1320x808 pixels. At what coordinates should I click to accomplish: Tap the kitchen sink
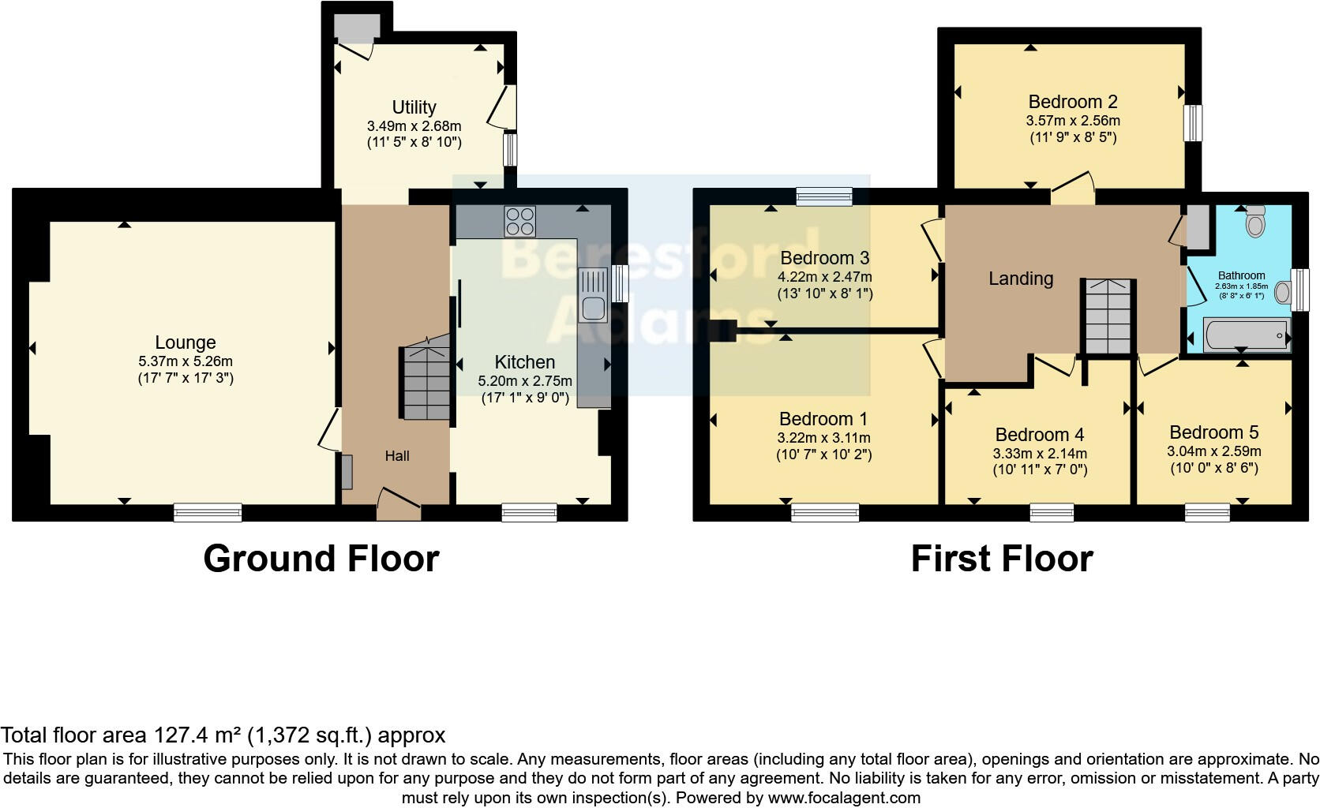click(592, 295)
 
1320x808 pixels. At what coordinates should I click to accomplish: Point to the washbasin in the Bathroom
click(1283, 294)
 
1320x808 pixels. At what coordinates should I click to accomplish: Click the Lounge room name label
click(186, 342)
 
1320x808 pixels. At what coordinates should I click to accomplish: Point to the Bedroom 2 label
click(1072, 102)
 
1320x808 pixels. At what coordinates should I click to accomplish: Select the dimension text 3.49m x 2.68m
click(414, 125)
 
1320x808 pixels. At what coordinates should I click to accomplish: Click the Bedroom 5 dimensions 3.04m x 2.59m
click(1213, 451)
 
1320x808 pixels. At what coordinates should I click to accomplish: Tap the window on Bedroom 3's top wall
click(823, 196)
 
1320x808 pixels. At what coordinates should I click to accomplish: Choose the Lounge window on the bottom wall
click(208, 513)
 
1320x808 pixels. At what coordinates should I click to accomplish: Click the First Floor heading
click(1001, 559)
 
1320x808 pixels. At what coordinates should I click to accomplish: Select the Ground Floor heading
click(321, 559)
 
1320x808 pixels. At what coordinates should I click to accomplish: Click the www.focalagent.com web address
click(843, 797)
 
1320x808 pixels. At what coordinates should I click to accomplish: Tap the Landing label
click(1020, 279)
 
